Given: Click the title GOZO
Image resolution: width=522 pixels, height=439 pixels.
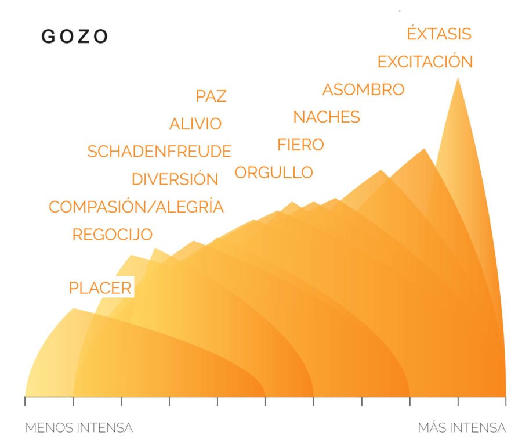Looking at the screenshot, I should (x=75, y=37).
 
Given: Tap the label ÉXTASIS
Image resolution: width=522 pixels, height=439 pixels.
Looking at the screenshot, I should (x=438, y=34).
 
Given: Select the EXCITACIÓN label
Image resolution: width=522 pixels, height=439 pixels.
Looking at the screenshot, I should (x=425, y=62).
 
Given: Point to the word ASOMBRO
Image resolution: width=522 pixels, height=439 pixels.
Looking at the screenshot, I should (x=363, y=90).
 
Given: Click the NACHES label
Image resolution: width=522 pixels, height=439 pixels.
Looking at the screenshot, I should (x=327, y=117).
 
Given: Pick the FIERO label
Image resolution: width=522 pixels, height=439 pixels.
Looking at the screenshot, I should (x=300, y=145).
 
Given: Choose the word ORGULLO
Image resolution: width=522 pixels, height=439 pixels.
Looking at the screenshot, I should (x=274, y=172).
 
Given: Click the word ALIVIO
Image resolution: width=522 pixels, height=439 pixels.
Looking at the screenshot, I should (x=195, y=124).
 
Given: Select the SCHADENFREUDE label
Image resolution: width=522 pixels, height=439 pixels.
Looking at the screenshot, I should (x=159, y=152).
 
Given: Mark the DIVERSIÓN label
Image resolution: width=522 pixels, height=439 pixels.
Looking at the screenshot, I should (x=175, y=179).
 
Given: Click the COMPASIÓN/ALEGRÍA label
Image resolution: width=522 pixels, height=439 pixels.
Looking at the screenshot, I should (x=136, y=207).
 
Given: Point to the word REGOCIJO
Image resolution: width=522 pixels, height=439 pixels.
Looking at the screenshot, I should (x=113, y=235).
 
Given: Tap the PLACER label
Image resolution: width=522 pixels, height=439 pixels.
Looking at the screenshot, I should (x=100, y=288).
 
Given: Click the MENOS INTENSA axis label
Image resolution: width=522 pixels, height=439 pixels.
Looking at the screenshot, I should (x=79, y=428).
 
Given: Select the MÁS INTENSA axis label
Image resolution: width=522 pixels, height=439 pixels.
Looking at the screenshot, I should (x=462, y=428).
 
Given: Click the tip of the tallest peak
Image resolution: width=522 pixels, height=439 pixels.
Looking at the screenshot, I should (x=458, y=78).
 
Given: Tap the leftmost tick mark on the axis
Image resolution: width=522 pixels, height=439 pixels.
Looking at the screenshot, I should (x=25, y=401).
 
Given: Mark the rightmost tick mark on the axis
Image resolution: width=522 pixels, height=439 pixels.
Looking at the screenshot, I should (x=506, y=401).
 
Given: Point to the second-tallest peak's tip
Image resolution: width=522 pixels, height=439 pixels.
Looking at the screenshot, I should (x=424, y=150).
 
